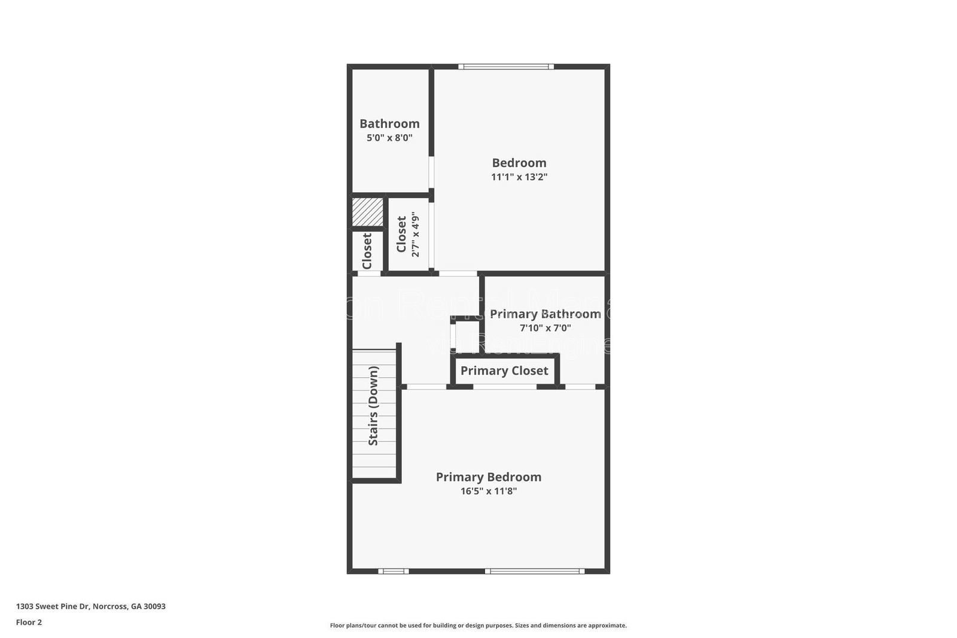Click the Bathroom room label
(389, 123)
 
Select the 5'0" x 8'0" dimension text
(389, 138)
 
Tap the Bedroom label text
(519, 163)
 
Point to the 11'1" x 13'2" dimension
(519, 177)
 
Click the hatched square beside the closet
(367, 212)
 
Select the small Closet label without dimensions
(367, 251)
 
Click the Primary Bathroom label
(545, 314)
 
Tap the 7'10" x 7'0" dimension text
(545, 328)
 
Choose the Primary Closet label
(504, 371)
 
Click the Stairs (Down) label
(373, 406)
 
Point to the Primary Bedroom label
(488, 477)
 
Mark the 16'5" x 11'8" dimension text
(488, 491)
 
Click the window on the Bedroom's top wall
(506, 66)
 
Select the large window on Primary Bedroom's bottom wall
(535, 571)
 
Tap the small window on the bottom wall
(394, 571)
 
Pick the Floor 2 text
(29, 622)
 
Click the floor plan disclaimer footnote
(478, 625)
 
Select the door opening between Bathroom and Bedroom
(431, 173)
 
